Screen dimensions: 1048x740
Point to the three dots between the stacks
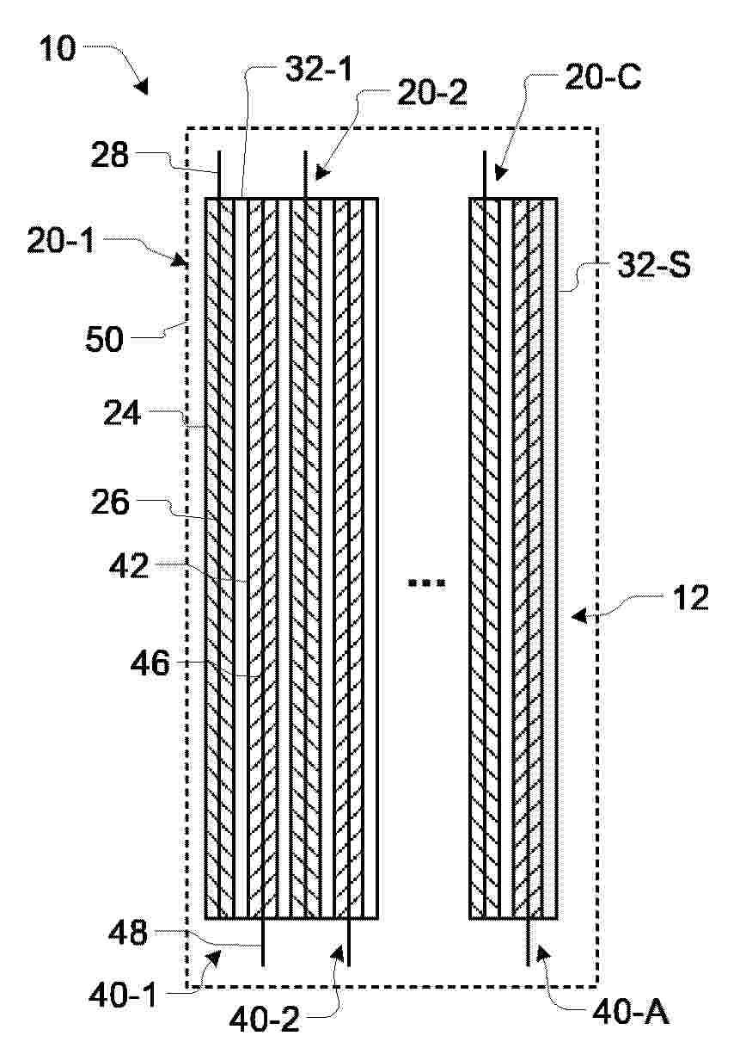tap(427, 583)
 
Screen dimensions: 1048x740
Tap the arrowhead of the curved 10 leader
tap(141, 86)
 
